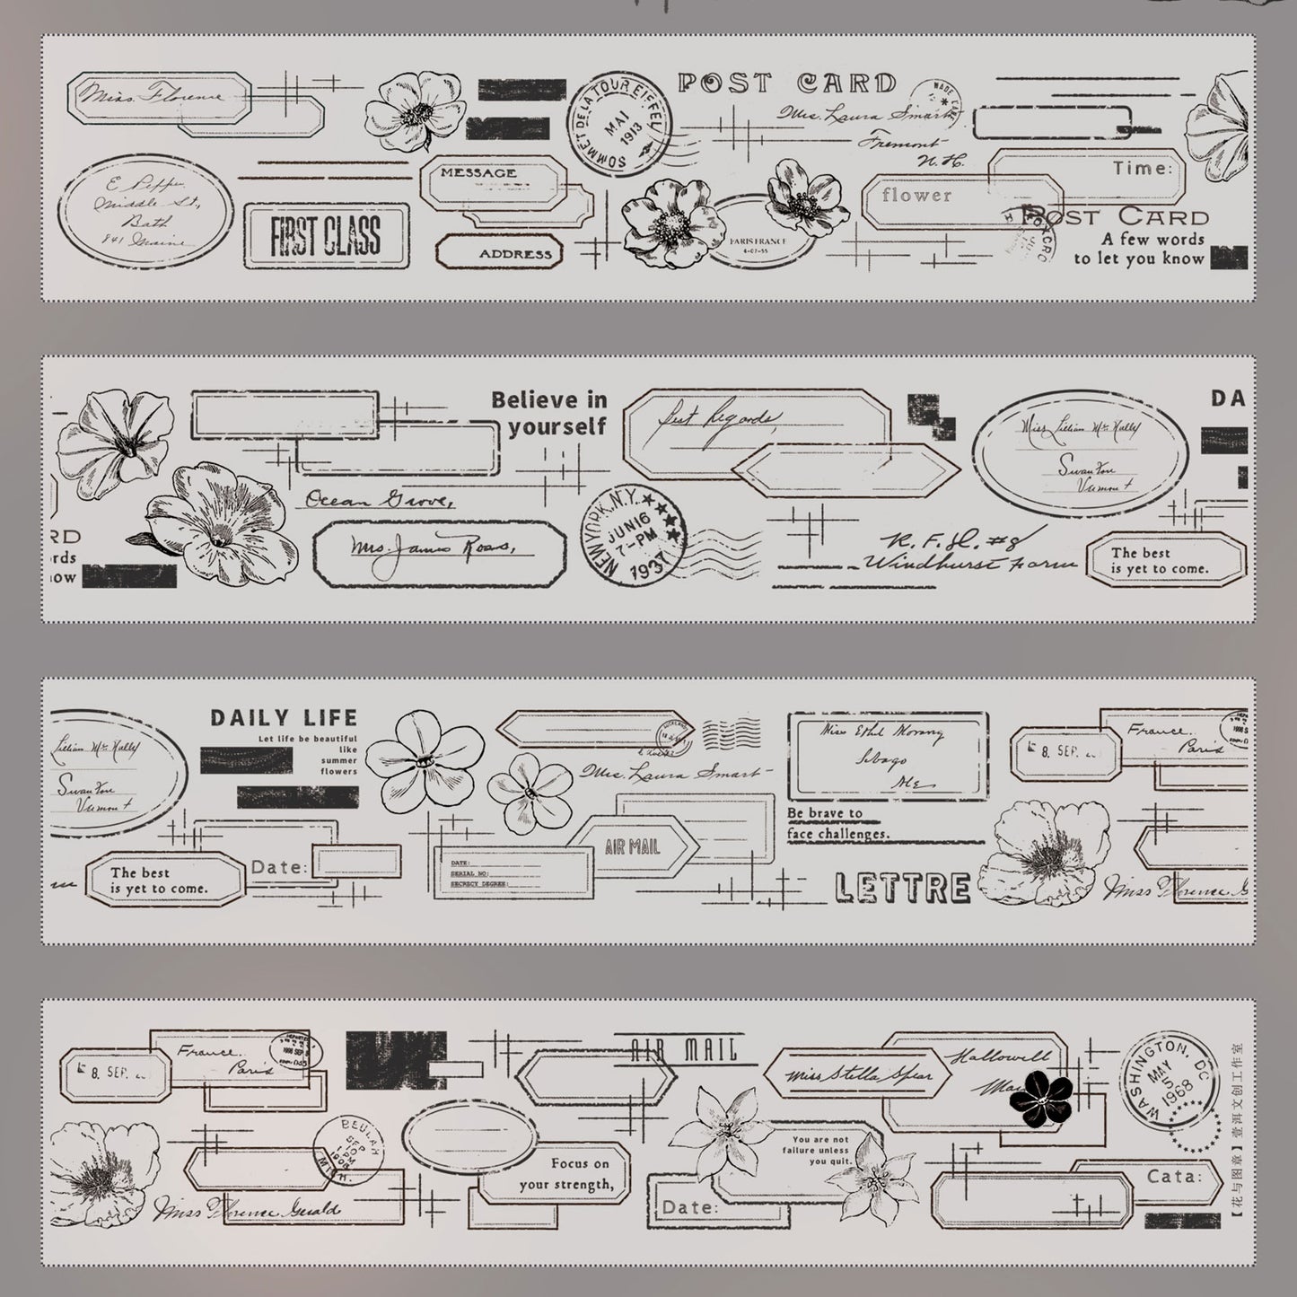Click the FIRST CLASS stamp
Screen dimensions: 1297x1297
[x=326, y=235]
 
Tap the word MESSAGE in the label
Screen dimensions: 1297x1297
[x=478, y=172]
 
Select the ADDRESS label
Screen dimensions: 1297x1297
[x=514, y=254]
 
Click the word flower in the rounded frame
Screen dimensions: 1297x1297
[x=916, y=195]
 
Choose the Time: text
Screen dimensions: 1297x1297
[x=1142, y=168]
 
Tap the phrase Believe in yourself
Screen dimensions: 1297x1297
[x=548, y=413]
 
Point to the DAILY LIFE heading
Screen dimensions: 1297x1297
[x=284, y=718]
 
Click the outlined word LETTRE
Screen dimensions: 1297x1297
[x=902, y=888]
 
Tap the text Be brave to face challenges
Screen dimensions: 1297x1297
[x=837, y=824]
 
